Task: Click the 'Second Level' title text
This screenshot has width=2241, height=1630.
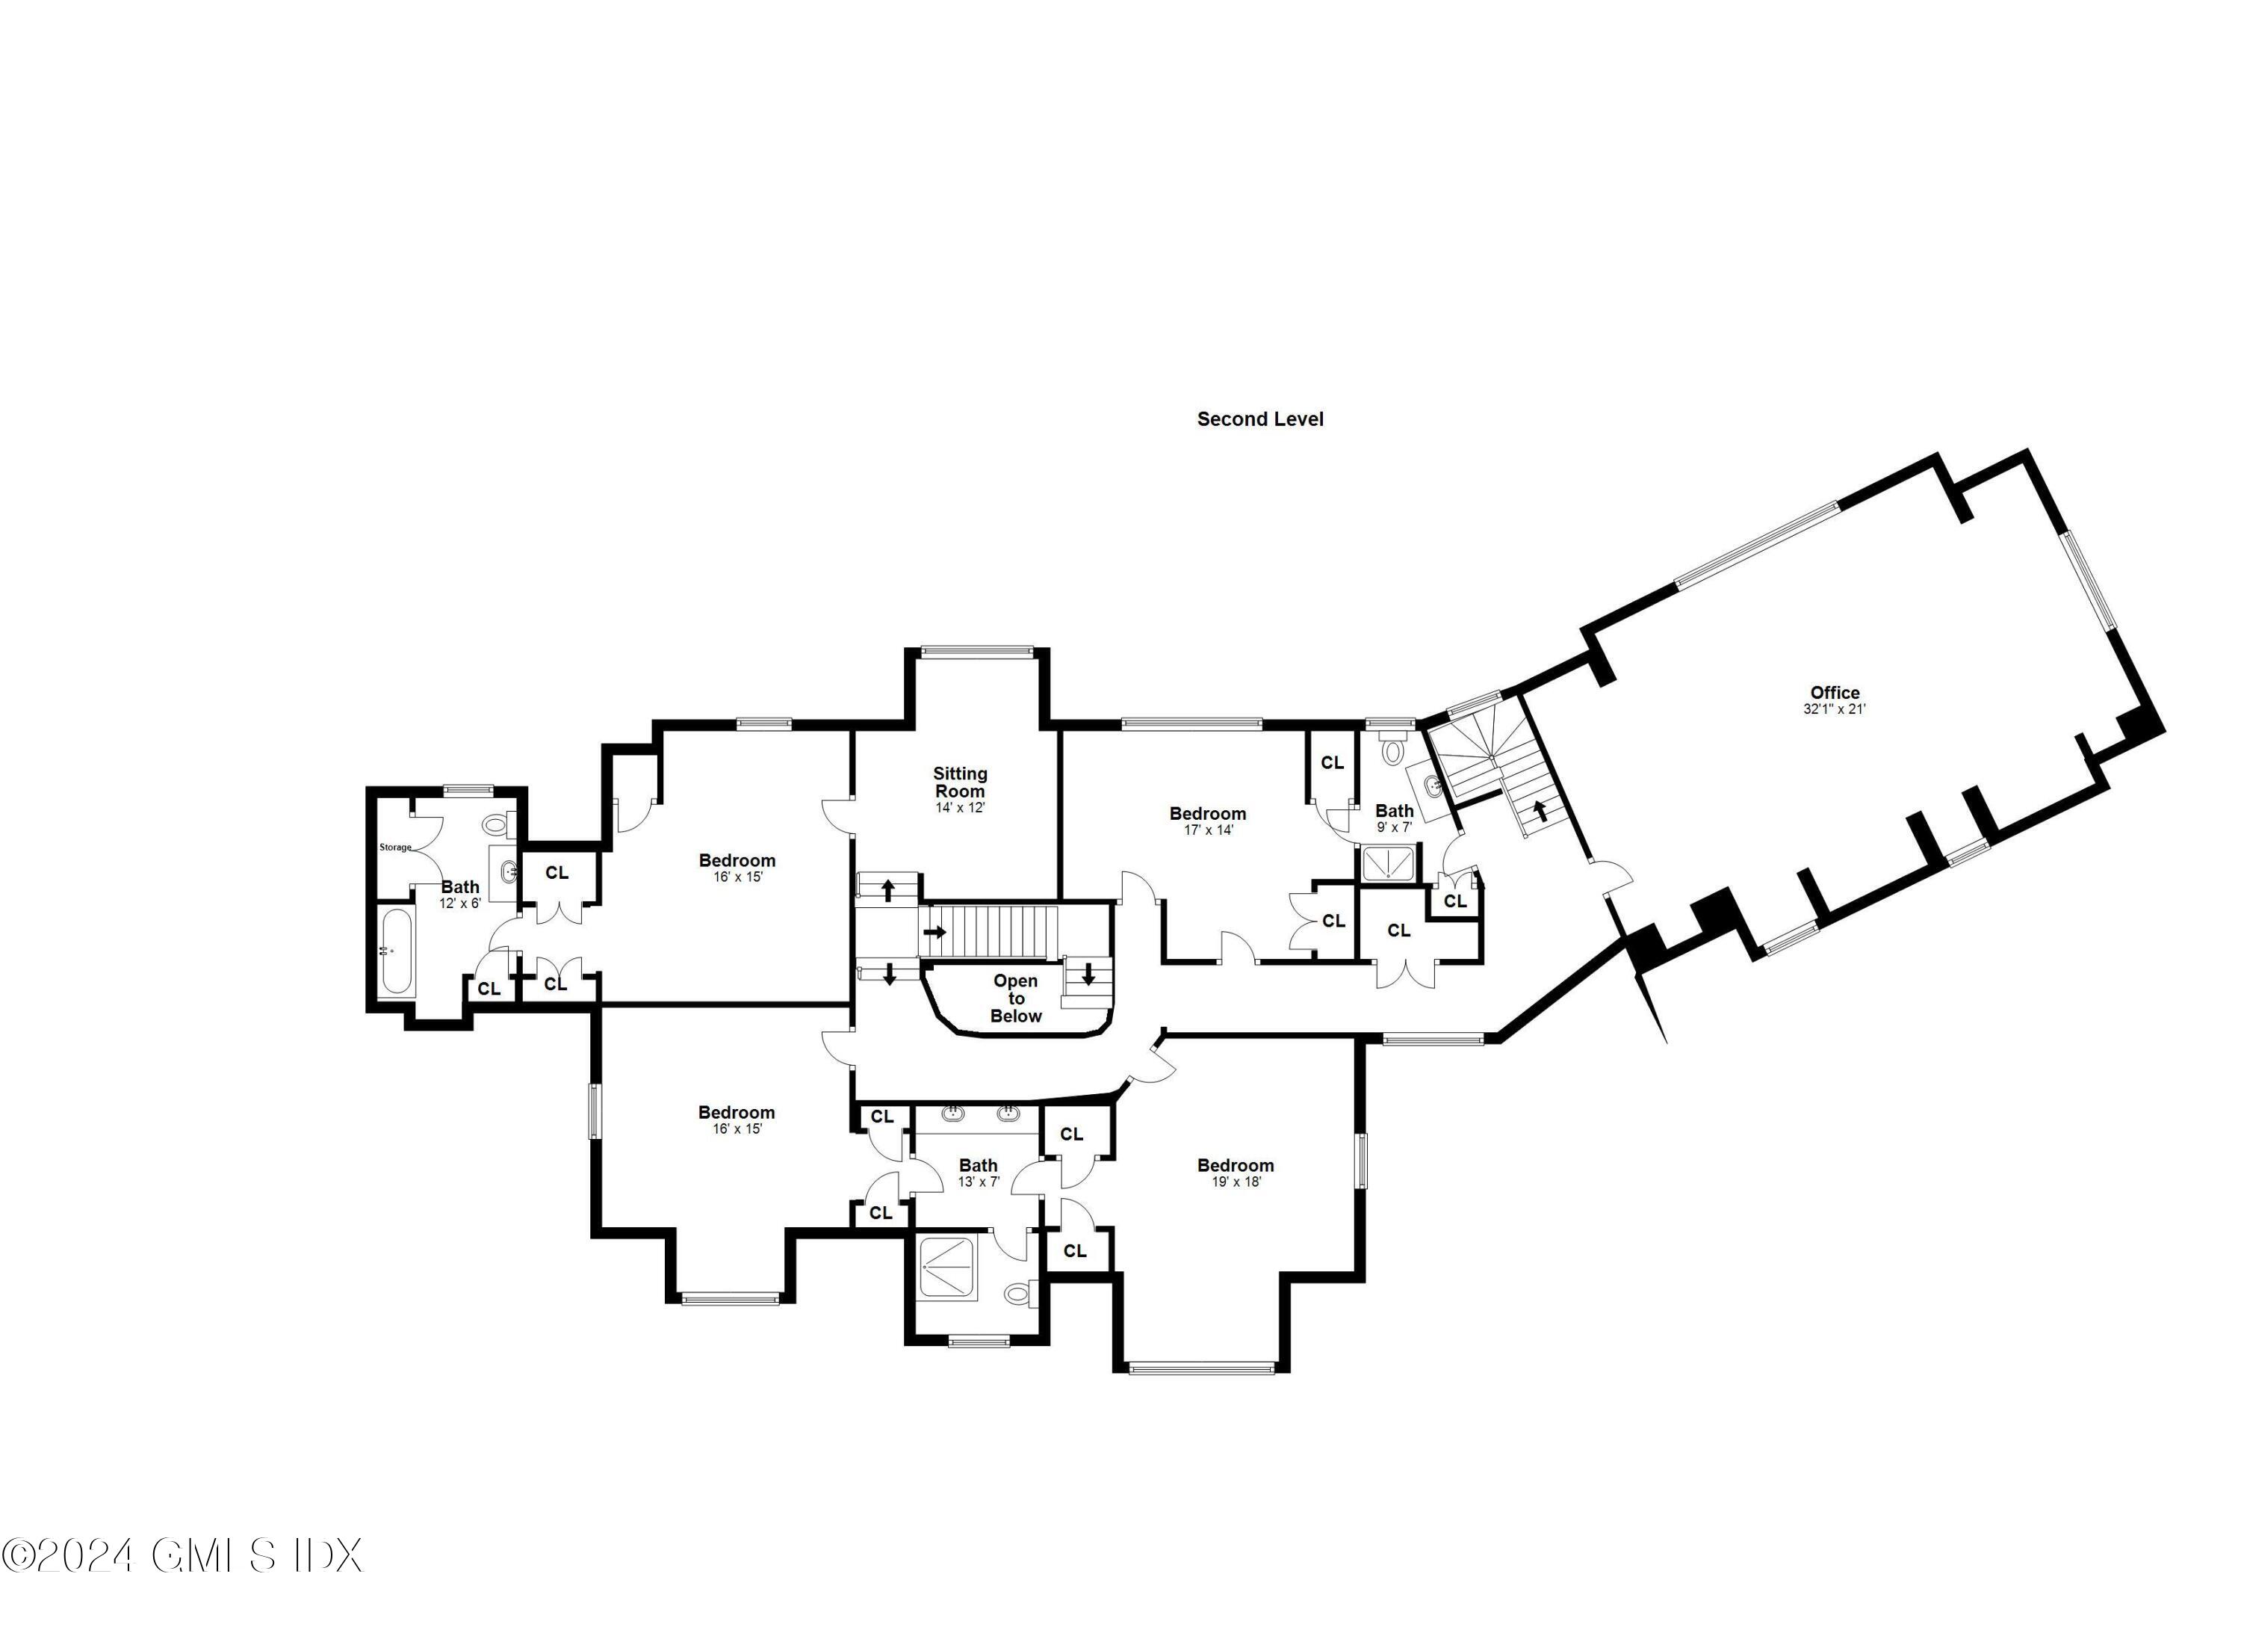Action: (1260, 419)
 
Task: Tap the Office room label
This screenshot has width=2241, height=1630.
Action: (1835, 693)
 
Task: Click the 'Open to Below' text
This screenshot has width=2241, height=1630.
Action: (1016, 998)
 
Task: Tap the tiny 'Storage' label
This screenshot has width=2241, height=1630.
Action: (395, 847)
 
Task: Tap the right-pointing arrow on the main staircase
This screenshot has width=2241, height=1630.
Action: (934, 932)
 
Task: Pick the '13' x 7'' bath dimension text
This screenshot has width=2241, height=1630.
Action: (979, 1182)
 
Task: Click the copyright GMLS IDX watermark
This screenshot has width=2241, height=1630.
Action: (183, 1555)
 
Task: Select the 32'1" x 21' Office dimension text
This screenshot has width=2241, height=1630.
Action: (1834, 709)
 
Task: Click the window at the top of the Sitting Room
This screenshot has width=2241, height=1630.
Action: (976, 650)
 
